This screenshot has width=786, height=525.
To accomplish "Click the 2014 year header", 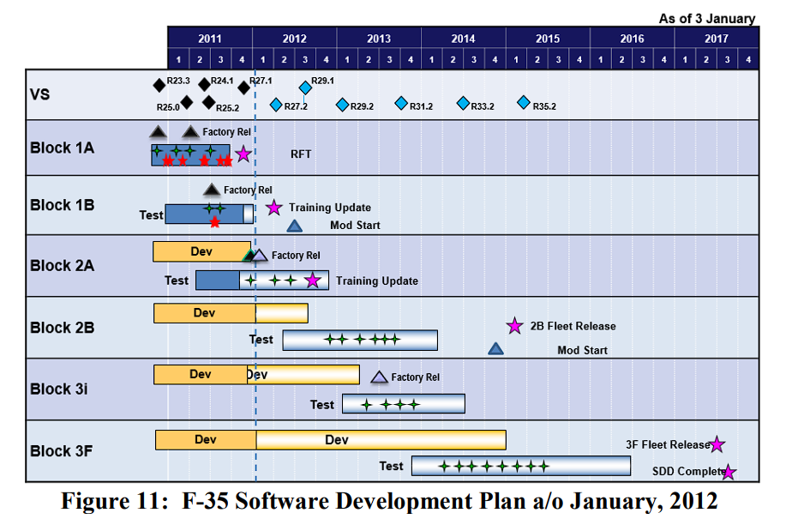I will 463,39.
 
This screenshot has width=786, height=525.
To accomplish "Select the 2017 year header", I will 717,39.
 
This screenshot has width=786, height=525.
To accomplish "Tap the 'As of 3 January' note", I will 706,18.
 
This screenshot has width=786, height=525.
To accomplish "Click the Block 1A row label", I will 62,148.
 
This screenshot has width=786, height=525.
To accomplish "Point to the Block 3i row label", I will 58,389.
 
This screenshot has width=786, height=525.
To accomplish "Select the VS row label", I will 39,94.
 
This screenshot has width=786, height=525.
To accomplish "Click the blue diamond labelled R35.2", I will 524,103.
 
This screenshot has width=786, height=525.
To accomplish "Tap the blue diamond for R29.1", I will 305,87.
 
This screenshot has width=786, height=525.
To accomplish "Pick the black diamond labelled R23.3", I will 159,84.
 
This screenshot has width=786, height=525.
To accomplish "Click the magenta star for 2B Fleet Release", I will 514,326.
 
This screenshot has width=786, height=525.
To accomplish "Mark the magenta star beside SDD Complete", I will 729,472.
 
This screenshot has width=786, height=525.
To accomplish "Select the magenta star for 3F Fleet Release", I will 717,444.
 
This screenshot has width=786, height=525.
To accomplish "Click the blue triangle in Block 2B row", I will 495,348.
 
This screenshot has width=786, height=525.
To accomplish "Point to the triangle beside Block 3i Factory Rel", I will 379,377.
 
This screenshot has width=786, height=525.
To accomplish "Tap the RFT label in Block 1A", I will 301,154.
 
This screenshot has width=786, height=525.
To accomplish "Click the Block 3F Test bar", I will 520,466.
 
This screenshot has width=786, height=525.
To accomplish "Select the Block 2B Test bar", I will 360,340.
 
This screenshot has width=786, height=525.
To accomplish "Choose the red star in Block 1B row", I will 214,222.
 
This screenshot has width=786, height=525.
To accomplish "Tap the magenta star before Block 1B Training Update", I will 273,208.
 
